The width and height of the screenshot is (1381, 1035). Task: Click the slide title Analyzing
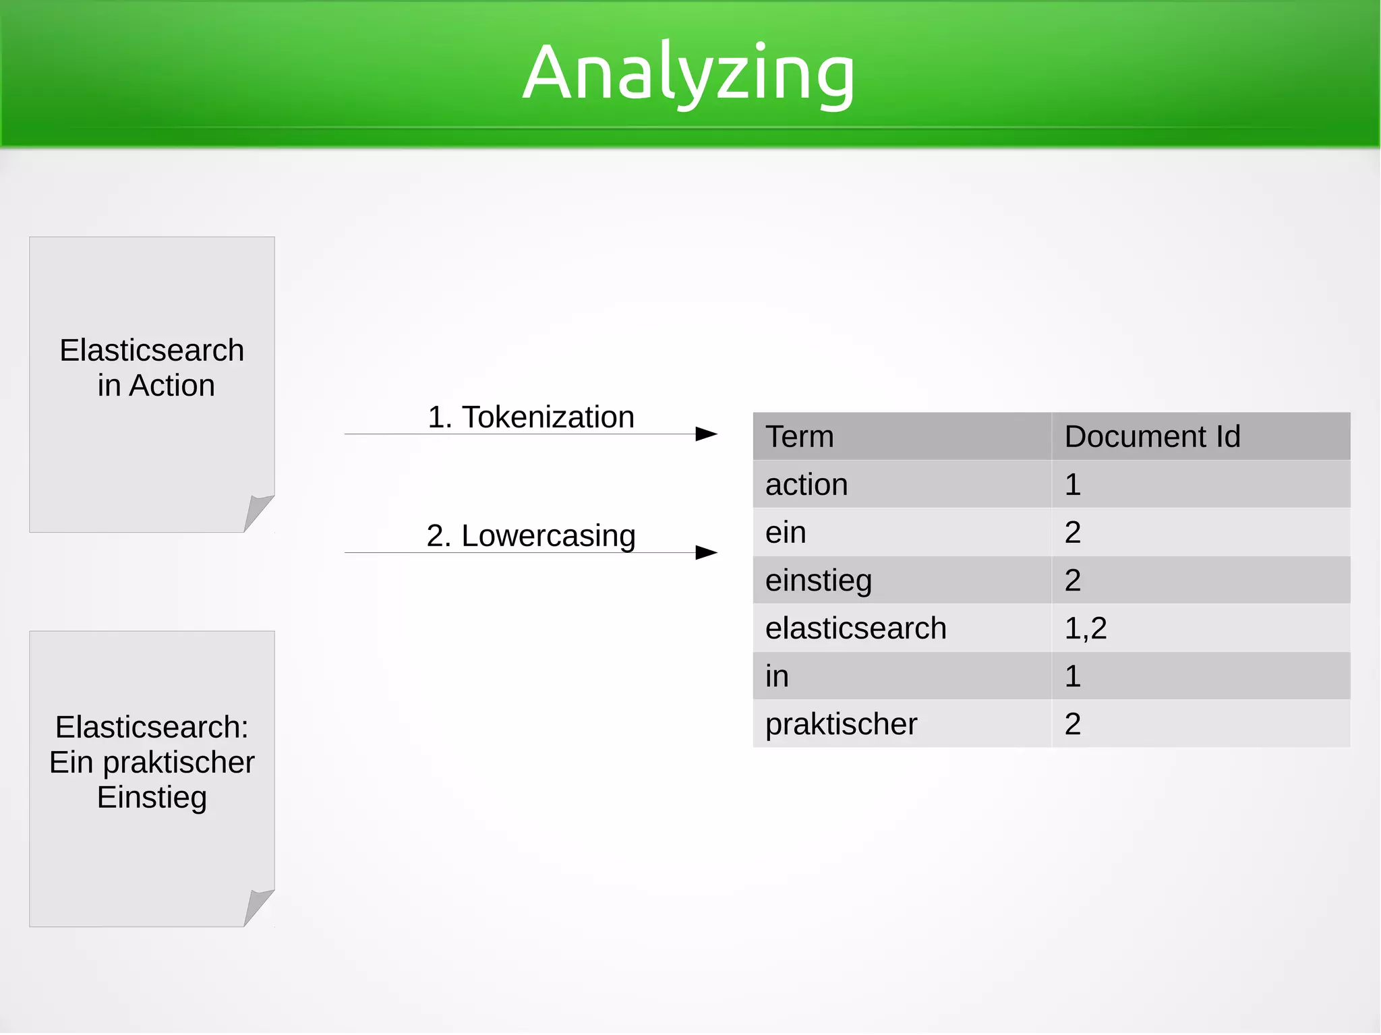tap(688, 73)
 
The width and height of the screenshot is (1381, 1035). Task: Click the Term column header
tap(800, 436)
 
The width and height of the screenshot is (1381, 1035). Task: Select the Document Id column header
tap(1152, 436)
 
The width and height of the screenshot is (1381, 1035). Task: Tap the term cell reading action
tap(806, 484)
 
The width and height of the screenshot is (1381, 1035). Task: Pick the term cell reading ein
tap(786, 532)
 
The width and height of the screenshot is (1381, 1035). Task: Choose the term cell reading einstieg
tap(819, 581)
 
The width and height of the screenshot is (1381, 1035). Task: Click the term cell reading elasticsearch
tap(856, 628)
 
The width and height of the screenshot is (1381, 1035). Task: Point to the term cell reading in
tap(777, 676)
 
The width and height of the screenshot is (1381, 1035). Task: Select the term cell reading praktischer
tap(841, 724)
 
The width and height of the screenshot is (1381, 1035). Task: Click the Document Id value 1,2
tap(1086, 628)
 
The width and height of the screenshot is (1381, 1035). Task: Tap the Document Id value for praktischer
tap(1073, 724)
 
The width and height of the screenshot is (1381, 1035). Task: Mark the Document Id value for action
tap(1073, 484)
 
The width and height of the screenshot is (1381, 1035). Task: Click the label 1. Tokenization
tap(531, 417)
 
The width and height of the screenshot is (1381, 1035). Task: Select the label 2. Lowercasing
tap(531, 535)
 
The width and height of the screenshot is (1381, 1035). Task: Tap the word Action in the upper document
tap(172, 386)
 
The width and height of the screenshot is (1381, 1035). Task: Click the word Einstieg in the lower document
tap(152, 797)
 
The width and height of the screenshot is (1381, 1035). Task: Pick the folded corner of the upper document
tap(258, 512)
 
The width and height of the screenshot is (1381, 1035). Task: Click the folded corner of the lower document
tap(258, 906)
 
